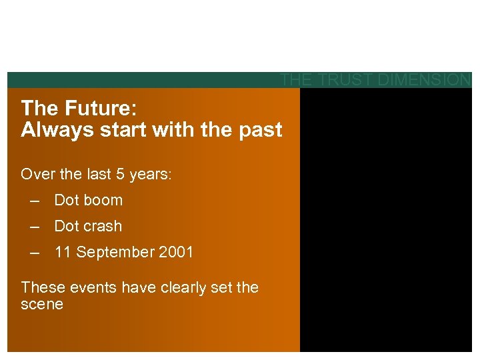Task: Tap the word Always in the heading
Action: coord(51,130)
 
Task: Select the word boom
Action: coord(103,200)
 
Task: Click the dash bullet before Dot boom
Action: coord(35,201)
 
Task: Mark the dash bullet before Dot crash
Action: coord(35,227)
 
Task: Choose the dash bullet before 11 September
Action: coord(35,253)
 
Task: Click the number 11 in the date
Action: coord(63,252)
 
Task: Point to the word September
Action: coord(111,253)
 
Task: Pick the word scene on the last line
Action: coord(42,305)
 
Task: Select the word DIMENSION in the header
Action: coord(423,80)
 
